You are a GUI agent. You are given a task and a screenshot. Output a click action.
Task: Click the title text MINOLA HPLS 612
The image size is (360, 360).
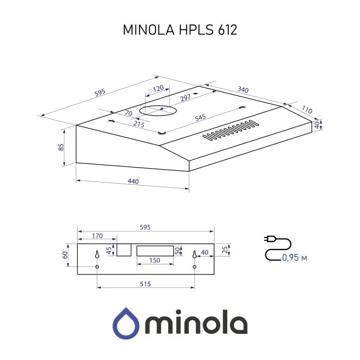[x=179, y=30]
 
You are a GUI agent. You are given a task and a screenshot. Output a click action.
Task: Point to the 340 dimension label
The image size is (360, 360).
[x=243, y=90]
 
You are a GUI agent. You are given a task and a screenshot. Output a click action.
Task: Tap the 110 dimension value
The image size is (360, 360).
[x=307, y=110]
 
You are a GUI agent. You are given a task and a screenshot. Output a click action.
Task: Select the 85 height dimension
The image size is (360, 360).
[x=61, y=147]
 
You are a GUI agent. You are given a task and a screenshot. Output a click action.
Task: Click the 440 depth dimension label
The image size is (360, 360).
[x=133, y=182]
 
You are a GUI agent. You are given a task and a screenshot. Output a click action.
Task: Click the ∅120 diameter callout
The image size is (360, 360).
[x=155, y=88]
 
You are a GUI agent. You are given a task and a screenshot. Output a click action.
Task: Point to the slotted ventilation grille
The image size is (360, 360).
[x=230, y=131]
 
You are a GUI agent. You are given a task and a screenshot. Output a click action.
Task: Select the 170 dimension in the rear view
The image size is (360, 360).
[x=96, y=236]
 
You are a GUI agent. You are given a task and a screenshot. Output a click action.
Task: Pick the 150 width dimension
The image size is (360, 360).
[x=154, y=261]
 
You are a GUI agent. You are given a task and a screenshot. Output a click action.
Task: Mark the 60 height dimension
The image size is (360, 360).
[x=65, y=255]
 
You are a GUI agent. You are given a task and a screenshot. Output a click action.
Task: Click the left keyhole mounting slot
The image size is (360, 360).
[x=97, y=254]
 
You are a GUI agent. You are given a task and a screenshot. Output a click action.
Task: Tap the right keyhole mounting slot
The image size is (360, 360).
[x=194, y=254]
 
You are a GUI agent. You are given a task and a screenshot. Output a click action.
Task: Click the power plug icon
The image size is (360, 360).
[x=268, y=239]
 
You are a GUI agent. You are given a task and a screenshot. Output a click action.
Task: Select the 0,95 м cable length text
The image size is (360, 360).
[x=294, y=257]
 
